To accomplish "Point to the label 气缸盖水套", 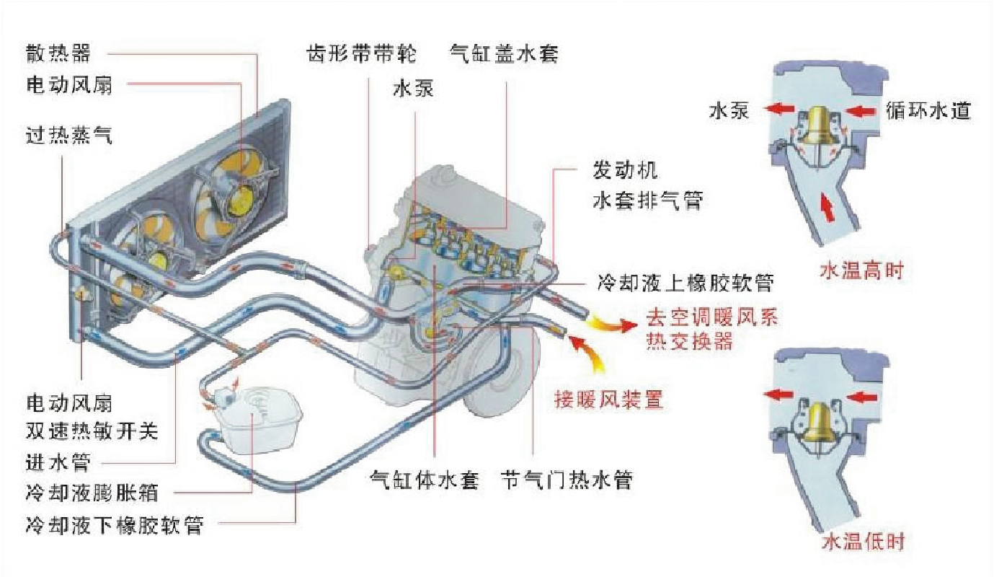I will coord(504,53).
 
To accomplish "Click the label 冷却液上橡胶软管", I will coord(685,282).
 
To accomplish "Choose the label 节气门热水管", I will coord(566,480).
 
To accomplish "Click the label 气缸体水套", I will coord(424,480).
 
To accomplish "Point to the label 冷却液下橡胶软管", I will coord(114,524).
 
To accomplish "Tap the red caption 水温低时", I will coord(863,542).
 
